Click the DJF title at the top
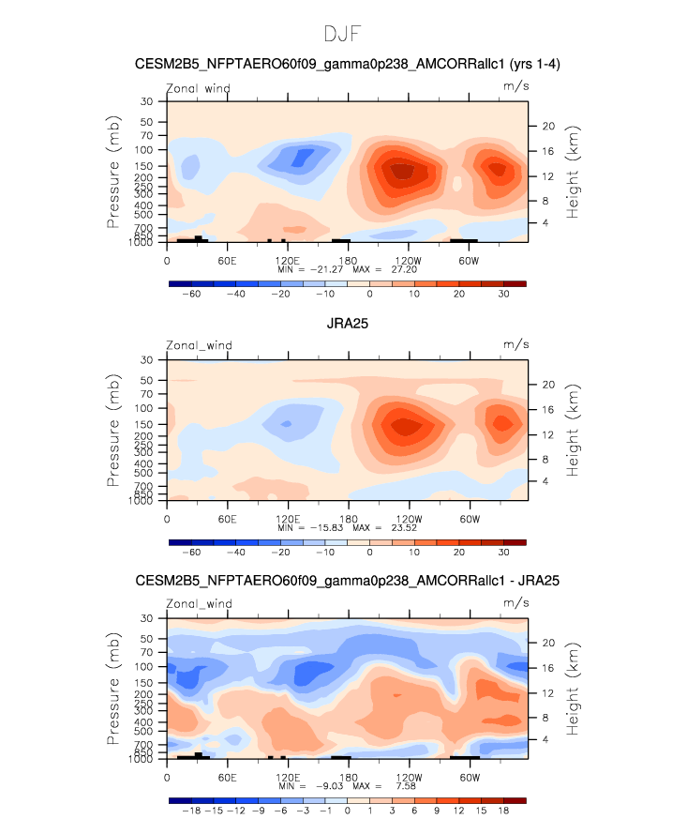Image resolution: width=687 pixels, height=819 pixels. [343, 35]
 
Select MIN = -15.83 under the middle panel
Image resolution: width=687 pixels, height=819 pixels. [310, 527]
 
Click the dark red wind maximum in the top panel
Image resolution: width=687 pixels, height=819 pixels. [402, 171]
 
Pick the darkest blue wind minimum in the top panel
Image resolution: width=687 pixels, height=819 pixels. [304, 157]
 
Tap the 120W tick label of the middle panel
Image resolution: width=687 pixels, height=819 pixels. [407, 518]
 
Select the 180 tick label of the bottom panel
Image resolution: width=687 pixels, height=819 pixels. [347, 777]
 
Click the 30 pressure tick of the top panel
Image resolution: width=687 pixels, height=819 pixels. [147, 101]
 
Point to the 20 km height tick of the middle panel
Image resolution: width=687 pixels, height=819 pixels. [548, 385]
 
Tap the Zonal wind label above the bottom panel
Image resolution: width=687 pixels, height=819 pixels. [198, 604]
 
